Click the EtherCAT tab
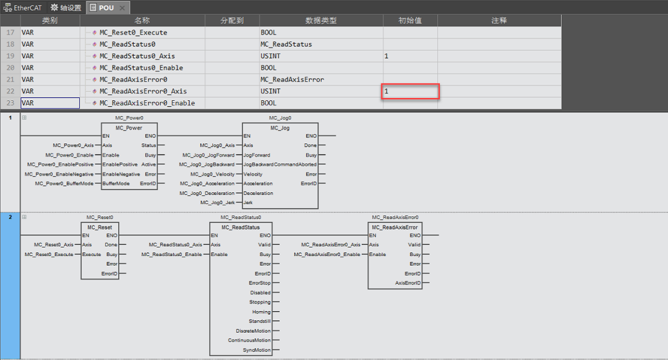[x=23, y=8]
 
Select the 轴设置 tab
[x=66, y=8]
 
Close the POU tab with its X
[x=122, y=8]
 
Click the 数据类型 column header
[x=321, y=20]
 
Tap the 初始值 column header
[x=410, y=20]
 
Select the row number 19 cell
[x=10, y=56]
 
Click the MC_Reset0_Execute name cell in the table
[x=134, y=32]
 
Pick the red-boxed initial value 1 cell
[x=410, y=92]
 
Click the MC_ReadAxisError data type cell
[x=292, y=79]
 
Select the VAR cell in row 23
[x=50, y=103]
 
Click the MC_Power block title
[x=129, y=128]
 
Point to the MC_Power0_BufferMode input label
[x=64, y=184]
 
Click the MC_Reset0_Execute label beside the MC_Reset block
[x=50, y=254]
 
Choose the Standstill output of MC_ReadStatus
[x=260, y=322]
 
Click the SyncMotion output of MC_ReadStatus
[x=257, y=350]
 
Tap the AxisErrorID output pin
[x=408, y=283]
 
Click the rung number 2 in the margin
[x=10, y=217]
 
